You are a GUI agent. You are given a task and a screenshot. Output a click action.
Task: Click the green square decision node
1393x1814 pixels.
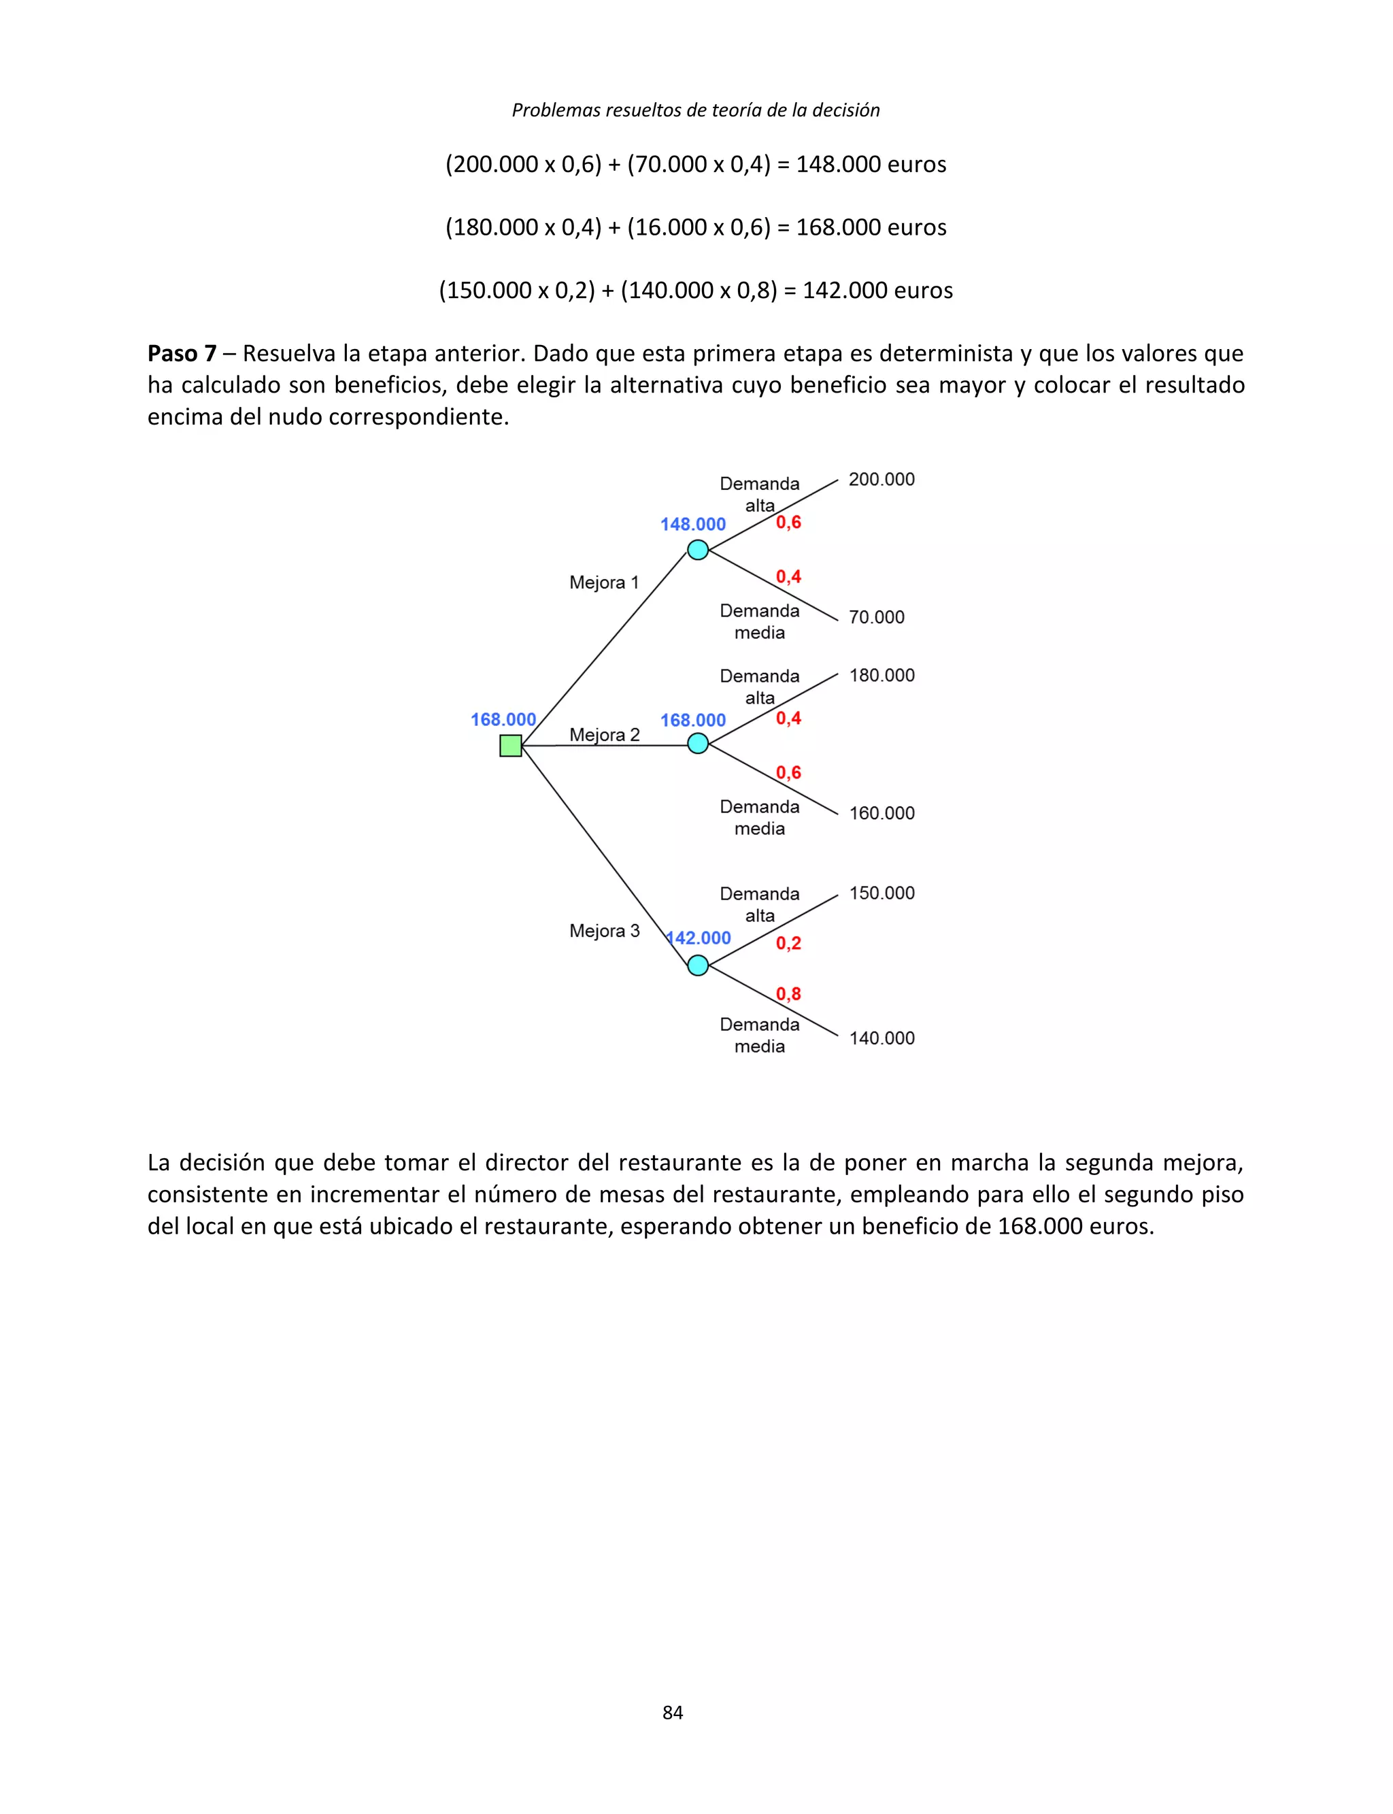pos(511,746)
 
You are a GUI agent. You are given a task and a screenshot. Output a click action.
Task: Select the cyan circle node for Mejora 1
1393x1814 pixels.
pos(698,549)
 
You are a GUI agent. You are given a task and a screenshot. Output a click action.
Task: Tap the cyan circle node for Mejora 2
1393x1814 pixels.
pos(698,744)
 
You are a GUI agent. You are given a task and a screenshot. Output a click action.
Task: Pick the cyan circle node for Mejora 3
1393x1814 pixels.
pos(698,965)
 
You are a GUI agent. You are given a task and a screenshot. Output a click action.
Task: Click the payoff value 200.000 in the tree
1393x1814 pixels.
pos(882,480)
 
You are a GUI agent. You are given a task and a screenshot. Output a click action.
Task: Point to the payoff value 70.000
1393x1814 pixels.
pos(877,617)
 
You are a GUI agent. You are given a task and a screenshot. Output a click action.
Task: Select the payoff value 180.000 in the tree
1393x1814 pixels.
pos(882,675)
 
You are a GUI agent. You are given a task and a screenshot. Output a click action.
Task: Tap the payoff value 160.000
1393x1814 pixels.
pos(882,813)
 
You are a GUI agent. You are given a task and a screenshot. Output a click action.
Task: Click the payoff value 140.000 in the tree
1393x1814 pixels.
pos(882,1038)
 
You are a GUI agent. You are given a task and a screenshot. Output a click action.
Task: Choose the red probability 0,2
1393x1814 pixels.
pos(788,943)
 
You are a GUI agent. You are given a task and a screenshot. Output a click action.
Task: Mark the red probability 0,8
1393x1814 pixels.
pos(788,993)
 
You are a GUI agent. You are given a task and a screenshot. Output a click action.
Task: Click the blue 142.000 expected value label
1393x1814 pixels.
pos(699,938)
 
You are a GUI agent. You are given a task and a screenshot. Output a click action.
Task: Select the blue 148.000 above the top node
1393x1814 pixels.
pos(692,524)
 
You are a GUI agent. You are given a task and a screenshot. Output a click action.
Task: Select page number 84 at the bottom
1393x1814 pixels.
pos(673,1712)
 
